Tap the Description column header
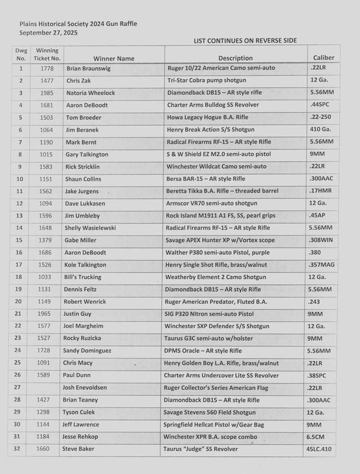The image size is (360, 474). pyautogui.click(x=235, y=58)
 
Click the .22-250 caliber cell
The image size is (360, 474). pyautogui.click(x=320, y=117)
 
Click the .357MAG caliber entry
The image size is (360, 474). pyautogui.click(x=322, y=264)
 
